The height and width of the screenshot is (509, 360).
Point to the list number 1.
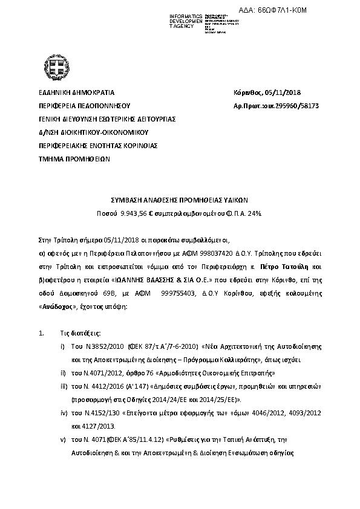click(x=41, y=333)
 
